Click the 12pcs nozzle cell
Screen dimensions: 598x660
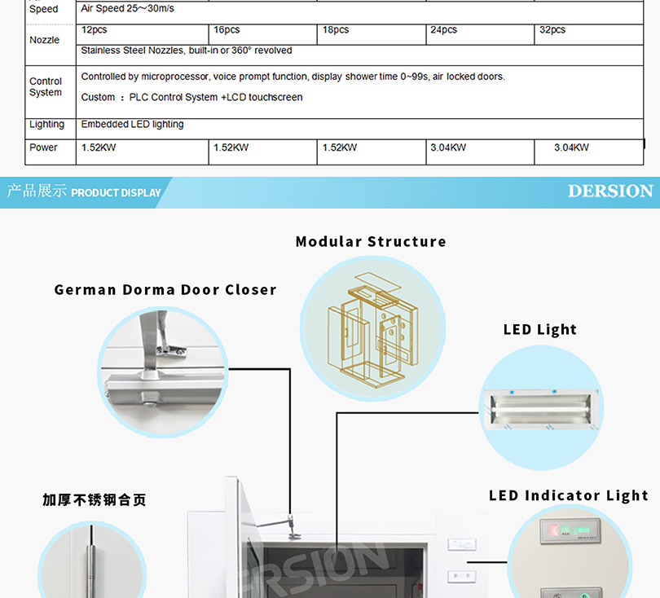click(95, 30)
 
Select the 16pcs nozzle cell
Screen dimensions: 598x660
click(227, 30)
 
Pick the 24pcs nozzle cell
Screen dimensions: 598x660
click(444, 30)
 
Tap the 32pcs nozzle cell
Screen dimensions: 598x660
click(552, 30)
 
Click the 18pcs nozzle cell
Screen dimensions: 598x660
click(336, 30)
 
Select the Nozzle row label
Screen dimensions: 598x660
click(44, 40)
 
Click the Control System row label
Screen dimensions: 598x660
click(46, 87)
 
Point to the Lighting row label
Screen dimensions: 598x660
click(46, 125)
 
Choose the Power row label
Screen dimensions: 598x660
click(44, 147)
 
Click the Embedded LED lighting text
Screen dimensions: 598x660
click(133, 125)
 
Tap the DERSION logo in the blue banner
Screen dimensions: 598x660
click(610, 191)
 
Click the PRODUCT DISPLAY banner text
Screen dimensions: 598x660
click(116, 193)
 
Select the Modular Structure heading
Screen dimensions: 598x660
click(371, 241)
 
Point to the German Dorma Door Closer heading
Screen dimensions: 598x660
click(165, 289)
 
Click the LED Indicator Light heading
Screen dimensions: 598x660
click(569, 495)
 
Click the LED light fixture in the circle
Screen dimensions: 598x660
click(539, 405)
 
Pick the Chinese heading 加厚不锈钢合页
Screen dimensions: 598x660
click(95, 499)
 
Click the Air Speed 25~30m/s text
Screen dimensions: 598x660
click(128, 9)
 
